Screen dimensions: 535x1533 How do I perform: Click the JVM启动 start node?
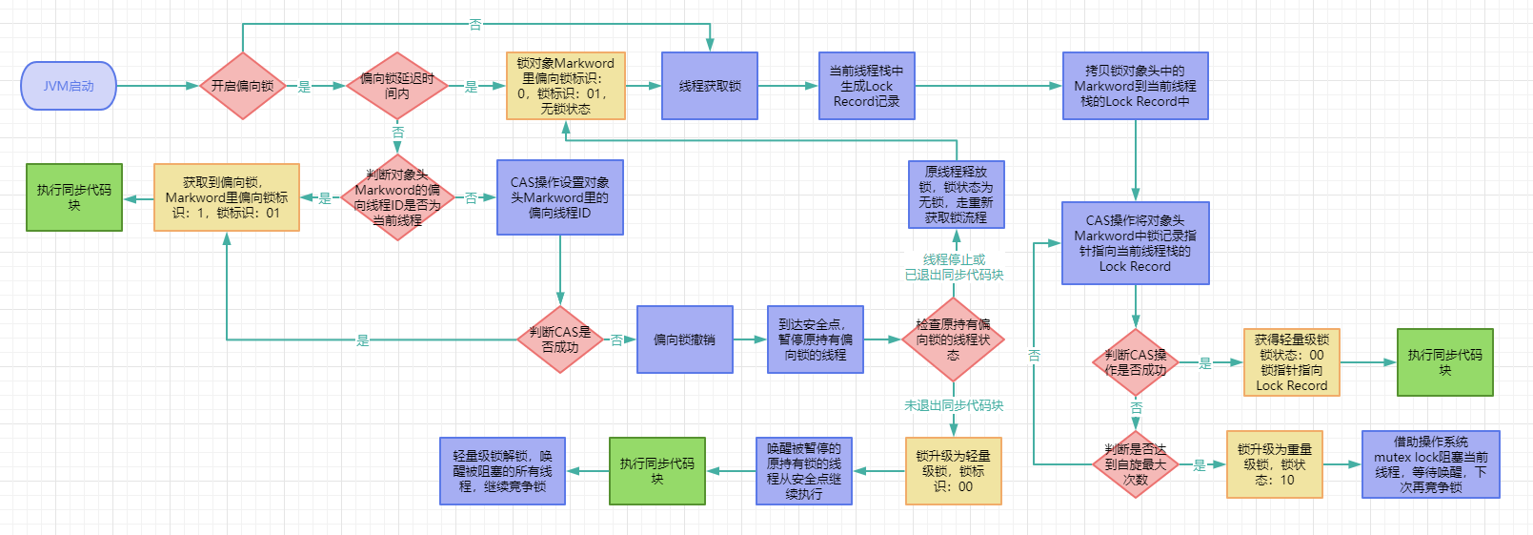click(68, 86)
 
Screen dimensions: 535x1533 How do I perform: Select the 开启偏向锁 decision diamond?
click(242, 86)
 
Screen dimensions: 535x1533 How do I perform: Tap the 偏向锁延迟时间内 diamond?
click(396, 86)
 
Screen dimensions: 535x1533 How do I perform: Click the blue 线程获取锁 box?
click(709, 86)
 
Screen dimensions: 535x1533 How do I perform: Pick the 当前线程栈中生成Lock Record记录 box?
click(866, 86)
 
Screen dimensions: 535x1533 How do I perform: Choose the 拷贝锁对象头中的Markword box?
click(1135, 86)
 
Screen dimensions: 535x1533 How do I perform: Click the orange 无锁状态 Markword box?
click(565, 86)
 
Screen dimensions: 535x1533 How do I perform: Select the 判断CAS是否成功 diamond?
click(560, 340)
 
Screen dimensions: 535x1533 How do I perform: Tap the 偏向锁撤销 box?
click(684, 340)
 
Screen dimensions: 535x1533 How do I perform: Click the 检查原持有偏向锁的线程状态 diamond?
click(953, 340)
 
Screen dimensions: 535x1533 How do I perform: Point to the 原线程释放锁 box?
click(956, 195)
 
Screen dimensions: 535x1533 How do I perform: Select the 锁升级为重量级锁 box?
click(1274, 464)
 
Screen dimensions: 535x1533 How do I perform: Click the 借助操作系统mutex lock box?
click(1430, 464)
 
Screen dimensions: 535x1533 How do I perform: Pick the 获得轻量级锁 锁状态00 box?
click(1291, 362)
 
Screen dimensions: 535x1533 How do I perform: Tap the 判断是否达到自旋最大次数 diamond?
click(1135, 464)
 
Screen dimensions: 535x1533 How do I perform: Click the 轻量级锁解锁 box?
click(502, 471)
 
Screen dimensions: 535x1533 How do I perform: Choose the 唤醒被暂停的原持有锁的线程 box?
click(803, 471)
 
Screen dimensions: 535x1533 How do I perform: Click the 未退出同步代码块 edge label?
click(953, 405)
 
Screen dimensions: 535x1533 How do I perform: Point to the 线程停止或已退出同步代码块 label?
click(954, 267)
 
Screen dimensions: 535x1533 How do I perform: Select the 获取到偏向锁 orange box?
click(226, 197)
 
